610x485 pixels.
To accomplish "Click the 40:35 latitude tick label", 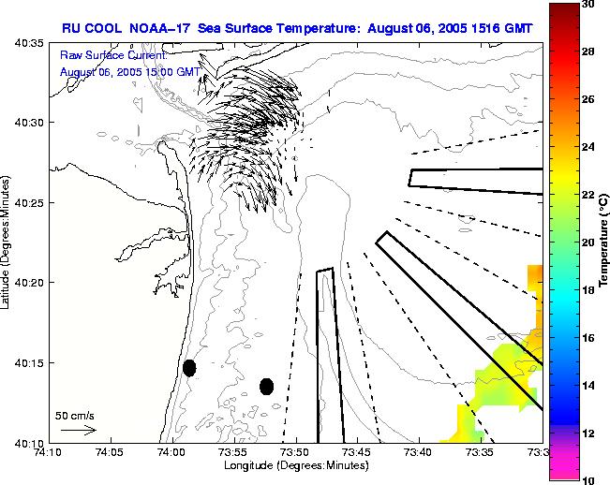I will (30, 43).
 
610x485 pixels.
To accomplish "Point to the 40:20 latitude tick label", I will (30, 283).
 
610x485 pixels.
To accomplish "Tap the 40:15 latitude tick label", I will (30, 363).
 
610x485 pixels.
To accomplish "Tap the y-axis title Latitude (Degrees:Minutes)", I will (7, 242).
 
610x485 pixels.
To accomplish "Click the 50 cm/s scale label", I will (75, 415).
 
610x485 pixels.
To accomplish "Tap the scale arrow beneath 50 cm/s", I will (78, 430).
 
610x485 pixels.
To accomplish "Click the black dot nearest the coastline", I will (189, 368).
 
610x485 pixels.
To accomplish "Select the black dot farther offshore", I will (267, 386).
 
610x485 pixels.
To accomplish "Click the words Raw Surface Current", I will (113, 56).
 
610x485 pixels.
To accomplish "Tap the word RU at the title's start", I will (71, 28).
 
